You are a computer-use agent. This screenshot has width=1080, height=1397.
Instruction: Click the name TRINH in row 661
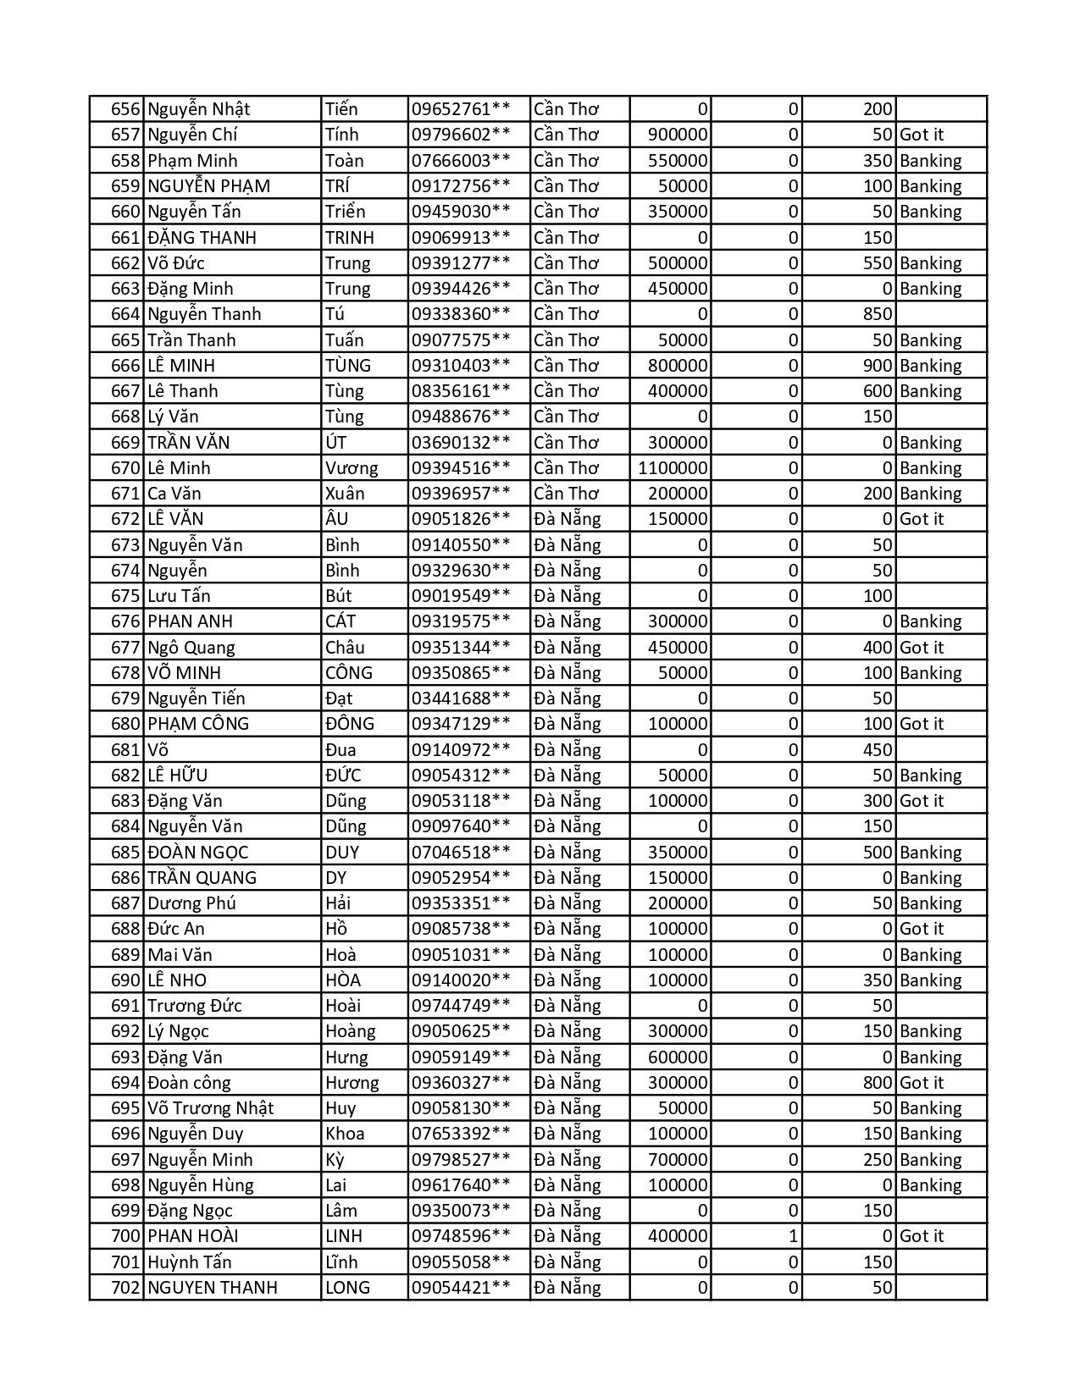(349, 238)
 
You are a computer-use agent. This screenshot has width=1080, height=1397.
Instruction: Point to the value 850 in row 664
(878, 314)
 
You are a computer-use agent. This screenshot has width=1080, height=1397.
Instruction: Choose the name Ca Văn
(174, 494)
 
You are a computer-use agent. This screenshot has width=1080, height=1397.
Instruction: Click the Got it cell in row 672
(922, 519)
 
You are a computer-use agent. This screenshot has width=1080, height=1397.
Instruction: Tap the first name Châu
(345, 648)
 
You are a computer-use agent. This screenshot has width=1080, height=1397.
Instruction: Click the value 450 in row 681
(878, 750)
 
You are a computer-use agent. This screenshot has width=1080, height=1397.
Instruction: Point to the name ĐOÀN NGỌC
(198, 853)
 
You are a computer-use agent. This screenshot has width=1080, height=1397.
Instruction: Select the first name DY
(336, 878)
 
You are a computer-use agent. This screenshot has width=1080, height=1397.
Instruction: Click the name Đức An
(176, 929)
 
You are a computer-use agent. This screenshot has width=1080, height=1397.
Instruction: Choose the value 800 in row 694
(878, 1083)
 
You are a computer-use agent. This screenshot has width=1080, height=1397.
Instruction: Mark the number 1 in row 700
(793, 1236)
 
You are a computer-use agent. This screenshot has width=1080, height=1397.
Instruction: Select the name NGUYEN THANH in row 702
(213, 1288)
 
